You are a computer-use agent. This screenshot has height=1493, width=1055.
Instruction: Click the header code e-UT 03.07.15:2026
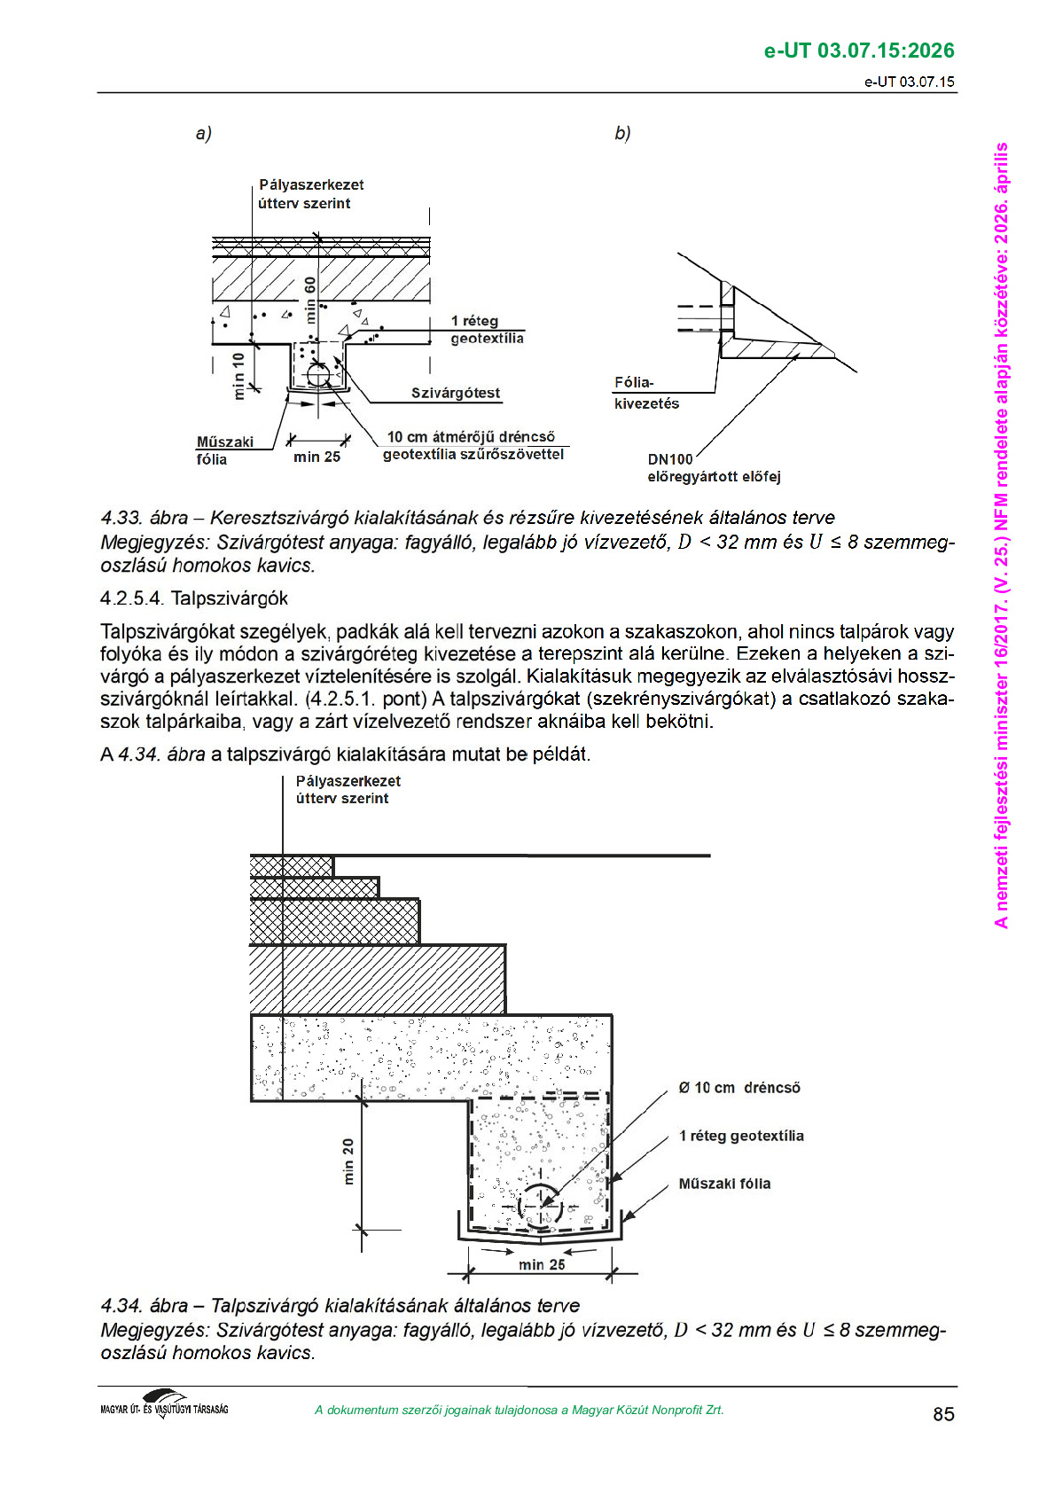858,51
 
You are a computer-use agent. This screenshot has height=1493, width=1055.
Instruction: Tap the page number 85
943,1414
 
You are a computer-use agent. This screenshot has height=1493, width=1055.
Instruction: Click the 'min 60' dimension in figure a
310,299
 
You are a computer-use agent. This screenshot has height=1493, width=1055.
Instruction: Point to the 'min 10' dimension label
238,376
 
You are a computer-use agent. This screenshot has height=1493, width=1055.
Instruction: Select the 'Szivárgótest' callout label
455,393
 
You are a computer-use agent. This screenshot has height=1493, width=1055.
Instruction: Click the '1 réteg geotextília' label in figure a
486,330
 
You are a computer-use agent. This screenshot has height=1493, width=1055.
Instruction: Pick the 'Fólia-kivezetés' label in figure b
646,393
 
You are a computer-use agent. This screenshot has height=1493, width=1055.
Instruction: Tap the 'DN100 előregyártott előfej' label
713,468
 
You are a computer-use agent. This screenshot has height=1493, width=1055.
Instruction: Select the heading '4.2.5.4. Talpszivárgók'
194,598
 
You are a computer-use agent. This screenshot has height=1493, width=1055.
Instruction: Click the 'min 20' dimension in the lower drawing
348,1161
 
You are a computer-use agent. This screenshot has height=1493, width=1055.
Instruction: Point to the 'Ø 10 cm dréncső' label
738,1088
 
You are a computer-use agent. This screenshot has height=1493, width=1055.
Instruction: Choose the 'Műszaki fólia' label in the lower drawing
724,1184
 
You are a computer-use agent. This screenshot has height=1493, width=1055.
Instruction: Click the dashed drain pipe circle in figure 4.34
539,1206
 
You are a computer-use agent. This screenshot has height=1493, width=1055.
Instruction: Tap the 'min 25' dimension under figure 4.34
541,1265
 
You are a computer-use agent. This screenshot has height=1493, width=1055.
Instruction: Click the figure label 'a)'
204,134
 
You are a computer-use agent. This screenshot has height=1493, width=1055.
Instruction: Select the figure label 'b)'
622,134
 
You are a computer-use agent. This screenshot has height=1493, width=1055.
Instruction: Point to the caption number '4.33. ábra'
144,518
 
